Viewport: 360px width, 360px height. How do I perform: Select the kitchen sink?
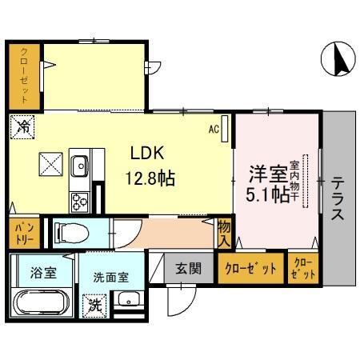pos(80,166)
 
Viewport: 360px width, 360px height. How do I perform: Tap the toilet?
pos(72,234)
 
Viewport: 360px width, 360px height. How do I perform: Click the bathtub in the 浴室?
pos(40,304)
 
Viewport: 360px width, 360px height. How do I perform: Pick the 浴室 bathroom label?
pos(42,273)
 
